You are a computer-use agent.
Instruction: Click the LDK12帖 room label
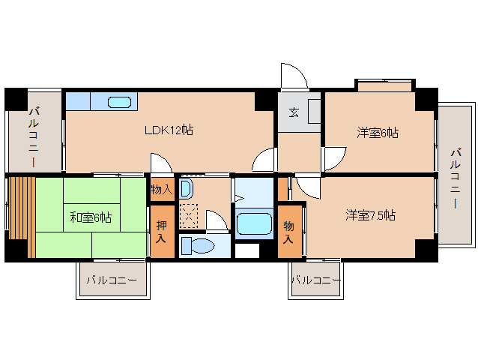click(x=169, y=130)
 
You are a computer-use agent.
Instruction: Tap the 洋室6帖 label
click(x=377, y=133)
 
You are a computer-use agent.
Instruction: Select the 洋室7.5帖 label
click(x=370, y=215)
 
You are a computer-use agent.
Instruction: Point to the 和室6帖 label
click(x=91, y=217)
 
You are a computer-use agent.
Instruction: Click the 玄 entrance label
click(x=294, y=113)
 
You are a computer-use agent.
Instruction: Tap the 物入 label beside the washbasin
click(x=161, y=190)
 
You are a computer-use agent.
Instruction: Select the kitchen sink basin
click(x=120, y=102)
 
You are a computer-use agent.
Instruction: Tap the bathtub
click(x=253, y=224)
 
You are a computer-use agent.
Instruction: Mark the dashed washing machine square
click(x=189, y=216)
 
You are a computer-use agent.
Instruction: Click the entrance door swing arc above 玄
click(x=293, y=76)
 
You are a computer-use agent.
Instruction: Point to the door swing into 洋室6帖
click(x=333, y=158)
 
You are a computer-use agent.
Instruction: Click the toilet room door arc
click(x=217, y=220)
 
